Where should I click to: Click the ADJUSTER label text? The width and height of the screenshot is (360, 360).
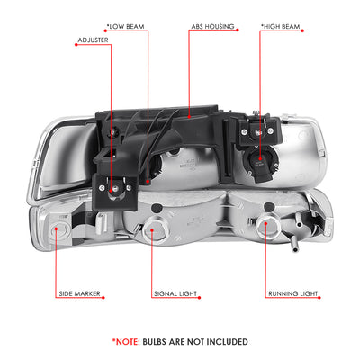tap(93, 40)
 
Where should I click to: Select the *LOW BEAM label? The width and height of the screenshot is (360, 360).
tap(126, 27)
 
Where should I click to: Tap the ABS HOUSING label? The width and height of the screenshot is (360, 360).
tap(213, 27)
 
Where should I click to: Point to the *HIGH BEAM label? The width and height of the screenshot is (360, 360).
tap(281, 27)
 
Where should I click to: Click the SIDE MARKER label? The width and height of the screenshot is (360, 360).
tap(79, 293)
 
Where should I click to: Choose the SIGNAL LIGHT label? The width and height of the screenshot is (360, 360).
tap(175, 293)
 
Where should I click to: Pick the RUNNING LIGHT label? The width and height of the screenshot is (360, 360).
tap(292, 293)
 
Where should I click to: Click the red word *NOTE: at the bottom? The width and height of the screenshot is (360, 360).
tap(126, 342)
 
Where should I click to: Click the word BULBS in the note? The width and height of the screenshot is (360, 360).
tap(155, 342)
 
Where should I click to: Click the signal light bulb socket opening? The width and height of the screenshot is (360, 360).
tap(152, 230)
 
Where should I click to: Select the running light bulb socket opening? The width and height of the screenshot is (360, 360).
tap(265, 224)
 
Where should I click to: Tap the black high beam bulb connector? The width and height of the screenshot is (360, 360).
tap(261, 165)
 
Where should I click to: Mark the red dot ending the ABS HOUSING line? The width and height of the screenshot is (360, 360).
tap(189, 116)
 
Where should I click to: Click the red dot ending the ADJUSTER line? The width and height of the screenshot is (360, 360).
tap(112, 190)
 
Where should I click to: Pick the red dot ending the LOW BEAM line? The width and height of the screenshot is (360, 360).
tap(148, 182)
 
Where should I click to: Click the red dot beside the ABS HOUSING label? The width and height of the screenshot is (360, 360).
tap(238, 30)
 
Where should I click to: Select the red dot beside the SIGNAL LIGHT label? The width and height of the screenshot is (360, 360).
tap(200, 298)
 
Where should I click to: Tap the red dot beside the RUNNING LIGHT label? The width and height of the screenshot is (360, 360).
tap(319, 298)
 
